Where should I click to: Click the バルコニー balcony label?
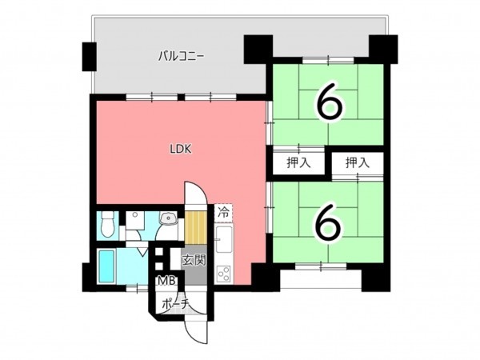click(x=182, y=57)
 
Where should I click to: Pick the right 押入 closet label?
click(x=358, y=163)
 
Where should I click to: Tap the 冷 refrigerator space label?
click(x=224, y=214)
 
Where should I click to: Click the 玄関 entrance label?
click(x=194, y=259)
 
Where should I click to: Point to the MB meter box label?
click(x=166, y=281)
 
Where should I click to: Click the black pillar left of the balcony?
click(x=86, y=55)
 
